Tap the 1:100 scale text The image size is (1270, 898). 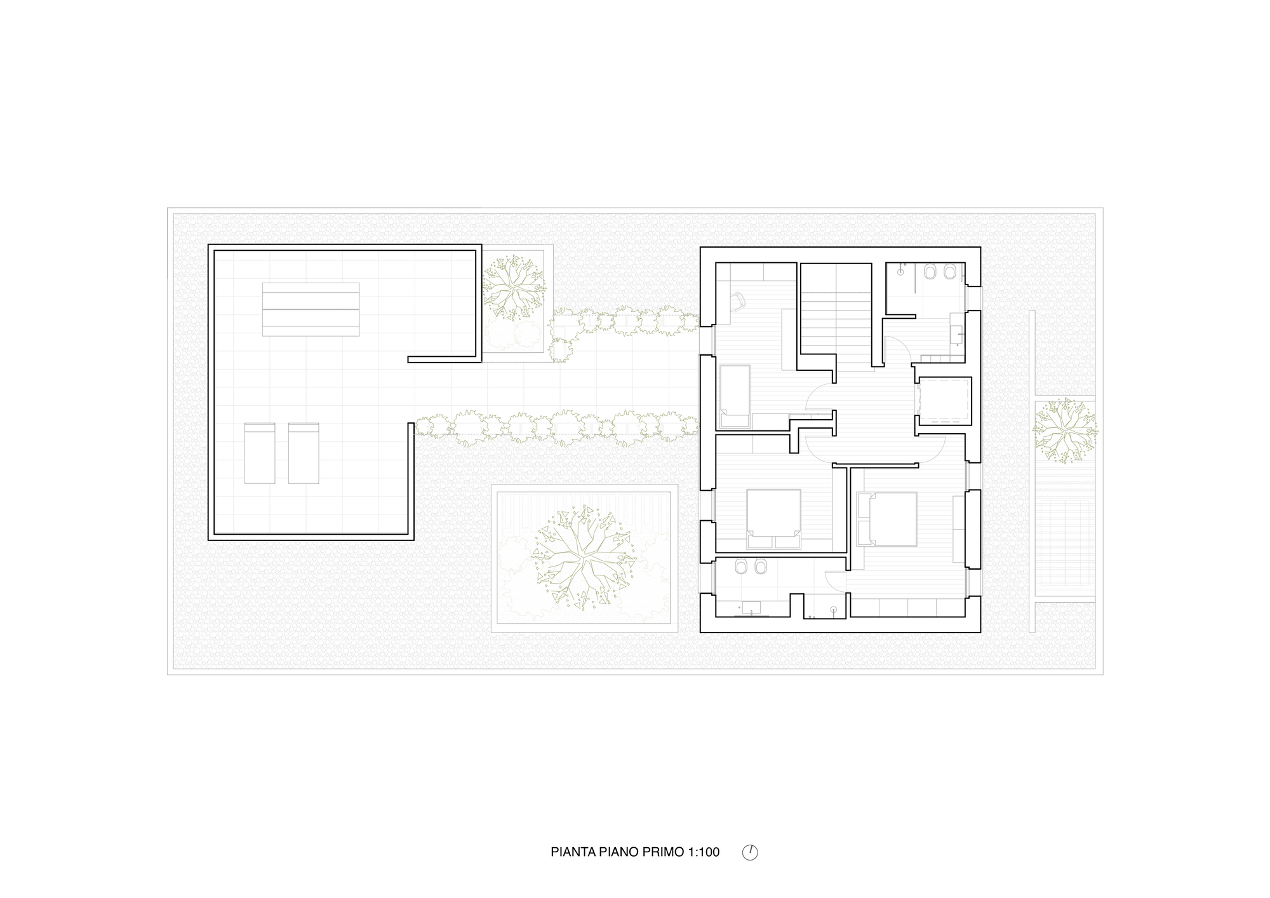pos(704,852)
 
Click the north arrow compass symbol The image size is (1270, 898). pos(750,852)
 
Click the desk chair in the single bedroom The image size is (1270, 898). pos(737,301)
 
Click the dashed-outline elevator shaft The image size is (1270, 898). pos(944,401)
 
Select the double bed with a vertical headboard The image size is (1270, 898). pos(886,518)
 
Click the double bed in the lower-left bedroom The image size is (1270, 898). pos(773,518)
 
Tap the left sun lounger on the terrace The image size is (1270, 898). pos(260,453)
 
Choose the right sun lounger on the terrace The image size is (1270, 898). pos(304,453)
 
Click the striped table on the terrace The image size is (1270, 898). pos(311,309)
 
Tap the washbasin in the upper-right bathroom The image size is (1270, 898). pos(957,328)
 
